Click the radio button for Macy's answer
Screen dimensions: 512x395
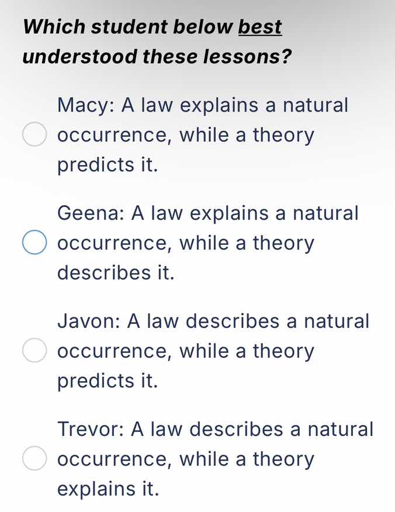pyautogui.click(x=34, y=136)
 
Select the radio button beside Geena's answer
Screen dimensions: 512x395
pyautogui.click(x=34, y=243)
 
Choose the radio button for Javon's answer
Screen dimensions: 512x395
pyautogui.click(x=34, y=351)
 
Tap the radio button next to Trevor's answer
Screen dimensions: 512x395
pyautogui.click(x=34, y=459)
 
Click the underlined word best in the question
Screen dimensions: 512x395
pyautogui.click(x=260, y=27)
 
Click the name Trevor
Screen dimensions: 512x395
pyautogui.click(x=91, y=429)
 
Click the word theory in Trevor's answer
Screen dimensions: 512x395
pyautogui.click(x=283, y=459)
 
